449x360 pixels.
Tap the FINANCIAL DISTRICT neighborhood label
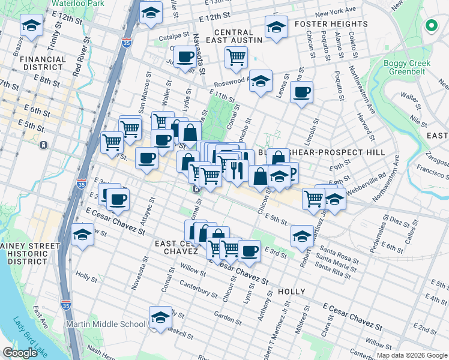click(x=43, y=64)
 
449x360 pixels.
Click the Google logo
click(x=20, y=353)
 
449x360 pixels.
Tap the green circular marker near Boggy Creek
click(x=430, y=26)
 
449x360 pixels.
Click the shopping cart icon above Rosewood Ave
click(x=237, y=57)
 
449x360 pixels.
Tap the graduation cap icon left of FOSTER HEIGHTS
click(x=276, y=27)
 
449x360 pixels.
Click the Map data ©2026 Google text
click(x=411, y=355)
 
